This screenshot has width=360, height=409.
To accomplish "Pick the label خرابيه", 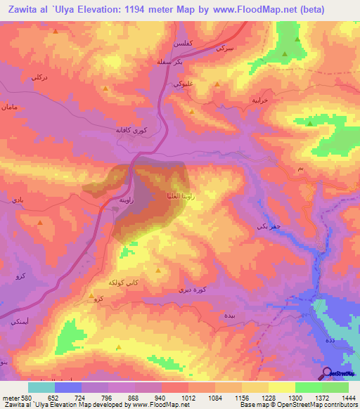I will tap(262, 100).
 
